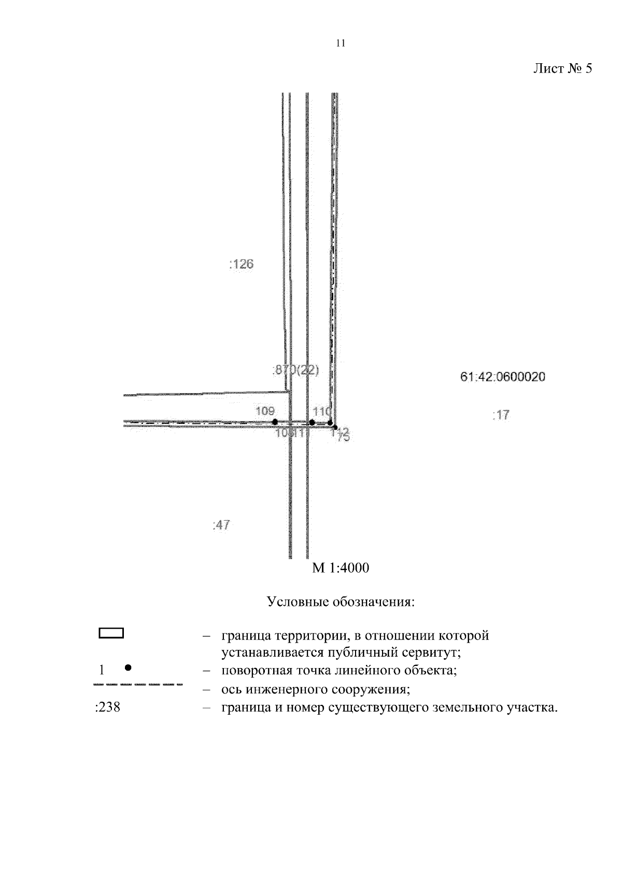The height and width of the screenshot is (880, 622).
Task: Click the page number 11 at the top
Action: tap(340, 44)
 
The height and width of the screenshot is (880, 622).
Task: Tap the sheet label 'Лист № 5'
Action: tap(562, 69)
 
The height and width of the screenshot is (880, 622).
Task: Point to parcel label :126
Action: tap(241, 264)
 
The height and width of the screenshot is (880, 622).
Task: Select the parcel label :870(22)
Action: tap(295, 370)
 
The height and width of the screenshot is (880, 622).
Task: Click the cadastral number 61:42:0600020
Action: tap(502, 377)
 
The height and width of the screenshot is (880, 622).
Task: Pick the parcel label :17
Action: tap(501, 415)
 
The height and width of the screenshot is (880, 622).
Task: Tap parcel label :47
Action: tap(221, 526)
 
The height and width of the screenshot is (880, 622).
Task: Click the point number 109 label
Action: tap(265, 411)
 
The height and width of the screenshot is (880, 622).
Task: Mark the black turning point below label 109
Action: tap(275, 422)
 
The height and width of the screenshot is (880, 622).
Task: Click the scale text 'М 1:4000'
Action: tap(341, 569)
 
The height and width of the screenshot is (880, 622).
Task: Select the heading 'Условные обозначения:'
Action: tap(341, 602)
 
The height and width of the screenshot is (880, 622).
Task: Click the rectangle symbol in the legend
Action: tap(111, 633)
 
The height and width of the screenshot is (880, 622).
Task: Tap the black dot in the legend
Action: tap(128, 668)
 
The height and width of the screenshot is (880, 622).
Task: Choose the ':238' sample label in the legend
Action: tap(108, 707)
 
